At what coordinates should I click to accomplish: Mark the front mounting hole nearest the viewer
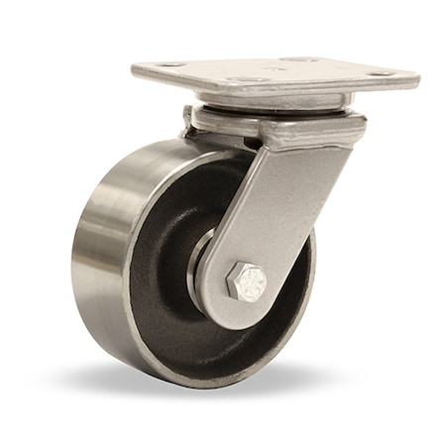point(247,79)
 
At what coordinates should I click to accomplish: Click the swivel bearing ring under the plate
point(268,104)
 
